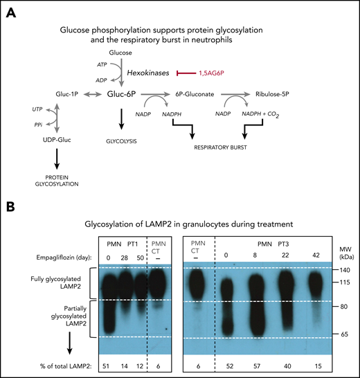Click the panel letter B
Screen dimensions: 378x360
click(9, 207)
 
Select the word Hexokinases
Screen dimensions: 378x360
click(146, 72)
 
